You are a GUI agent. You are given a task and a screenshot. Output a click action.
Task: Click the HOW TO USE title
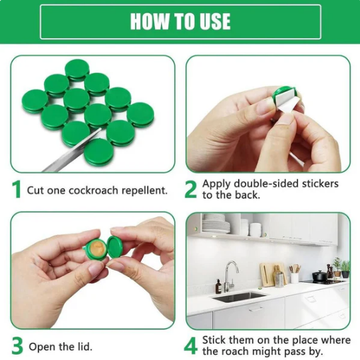pos(180,21)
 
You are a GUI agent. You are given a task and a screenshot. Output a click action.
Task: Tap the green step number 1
pos(17,189)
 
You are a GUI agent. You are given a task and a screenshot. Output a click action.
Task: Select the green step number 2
pos(191,189)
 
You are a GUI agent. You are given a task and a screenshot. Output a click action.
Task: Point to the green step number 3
pos(17,345)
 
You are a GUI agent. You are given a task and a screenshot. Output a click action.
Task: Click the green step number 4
pos(192,345)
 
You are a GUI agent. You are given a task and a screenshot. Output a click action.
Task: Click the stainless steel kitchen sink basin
pos(240,296)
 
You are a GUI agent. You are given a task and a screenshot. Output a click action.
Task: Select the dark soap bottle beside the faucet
pos(218,287)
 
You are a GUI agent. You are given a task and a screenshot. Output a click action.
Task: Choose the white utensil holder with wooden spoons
pos(294,276)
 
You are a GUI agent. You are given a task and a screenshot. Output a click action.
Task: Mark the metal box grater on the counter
pos(280,279)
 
